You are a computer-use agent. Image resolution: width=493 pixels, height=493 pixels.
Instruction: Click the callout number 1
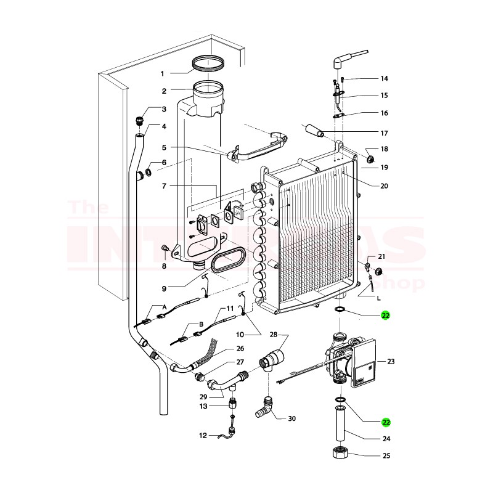pos(163,73)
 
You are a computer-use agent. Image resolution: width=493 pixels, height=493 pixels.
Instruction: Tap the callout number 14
pos(384,78)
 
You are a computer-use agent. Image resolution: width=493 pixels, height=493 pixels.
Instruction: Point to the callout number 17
pos(384,132)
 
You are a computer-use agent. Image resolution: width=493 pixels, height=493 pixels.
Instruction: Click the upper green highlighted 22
pos(386,316)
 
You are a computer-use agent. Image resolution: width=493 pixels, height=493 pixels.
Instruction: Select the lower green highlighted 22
pos(386,422)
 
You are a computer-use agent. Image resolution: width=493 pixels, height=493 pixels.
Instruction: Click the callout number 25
pos(386,457)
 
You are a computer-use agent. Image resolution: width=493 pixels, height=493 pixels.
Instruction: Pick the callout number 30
pos(291,418)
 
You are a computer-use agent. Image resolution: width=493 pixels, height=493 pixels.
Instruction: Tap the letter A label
pos(164,306)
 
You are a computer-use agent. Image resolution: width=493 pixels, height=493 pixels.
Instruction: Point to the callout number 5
pos(165,147)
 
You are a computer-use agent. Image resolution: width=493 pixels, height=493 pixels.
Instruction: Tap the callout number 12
pos(203,435)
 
